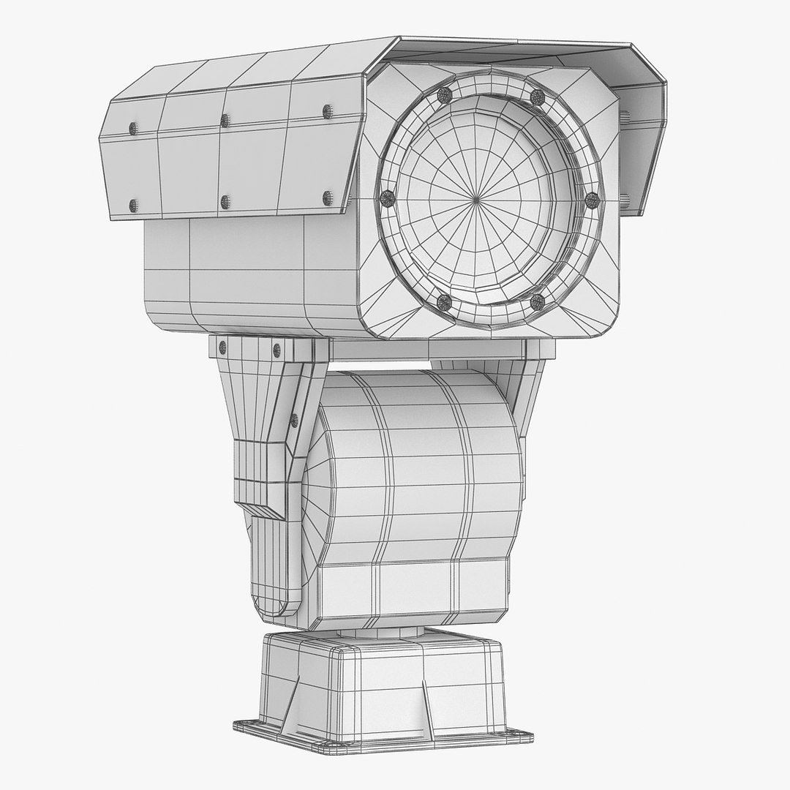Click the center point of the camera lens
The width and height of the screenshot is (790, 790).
[476, 198]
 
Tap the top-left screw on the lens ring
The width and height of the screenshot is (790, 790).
[443, 94]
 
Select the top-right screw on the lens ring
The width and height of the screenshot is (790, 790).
[538, 97]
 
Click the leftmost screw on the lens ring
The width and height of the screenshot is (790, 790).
[387, 196]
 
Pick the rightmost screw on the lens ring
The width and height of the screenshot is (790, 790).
[592, 200]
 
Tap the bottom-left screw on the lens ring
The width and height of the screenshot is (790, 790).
[443, 300]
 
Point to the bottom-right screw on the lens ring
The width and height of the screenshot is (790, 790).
[538, 301]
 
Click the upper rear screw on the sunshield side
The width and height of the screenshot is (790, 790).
[133, 129]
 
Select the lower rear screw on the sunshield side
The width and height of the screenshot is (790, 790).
[133, 206]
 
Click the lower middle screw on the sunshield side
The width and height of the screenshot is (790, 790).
[225, 202]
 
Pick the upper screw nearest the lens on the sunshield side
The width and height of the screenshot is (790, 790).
[327, 111]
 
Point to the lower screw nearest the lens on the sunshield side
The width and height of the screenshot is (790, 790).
[327, 197]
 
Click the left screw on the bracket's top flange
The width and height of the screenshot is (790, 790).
[222, 348]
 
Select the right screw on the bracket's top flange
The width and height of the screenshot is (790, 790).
[276, 350]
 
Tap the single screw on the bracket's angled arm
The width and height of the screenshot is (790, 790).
[294, 420]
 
